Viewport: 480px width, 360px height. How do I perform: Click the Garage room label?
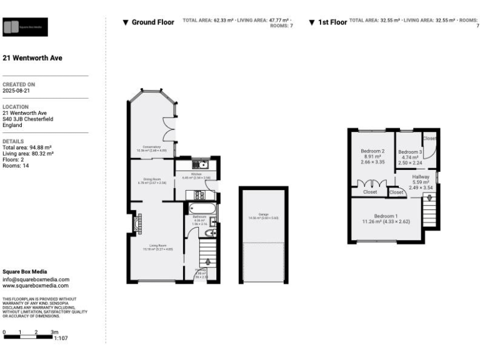click(x=263, y=216)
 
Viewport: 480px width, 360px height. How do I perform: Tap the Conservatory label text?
click(x=152, y=149)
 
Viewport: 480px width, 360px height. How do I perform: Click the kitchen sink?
click(x=204, y=165)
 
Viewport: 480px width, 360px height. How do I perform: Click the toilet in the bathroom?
click(x=211, y=232)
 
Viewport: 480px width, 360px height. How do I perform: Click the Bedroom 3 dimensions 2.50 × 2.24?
click(x=411, y=163)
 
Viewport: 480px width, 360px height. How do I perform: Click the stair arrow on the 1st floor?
click(x=429, y=199)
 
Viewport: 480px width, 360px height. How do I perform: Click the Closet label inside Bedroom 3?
click(x=429, y=138)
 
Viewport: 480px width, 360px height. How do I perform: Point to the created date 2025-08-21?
click(x=16, y=91)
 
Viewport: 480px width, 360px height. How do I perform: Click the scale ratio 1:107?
click(x=61, y=338)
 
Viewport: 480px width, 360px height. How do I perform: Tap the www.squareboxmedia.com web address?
click(x=36, y=286)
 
